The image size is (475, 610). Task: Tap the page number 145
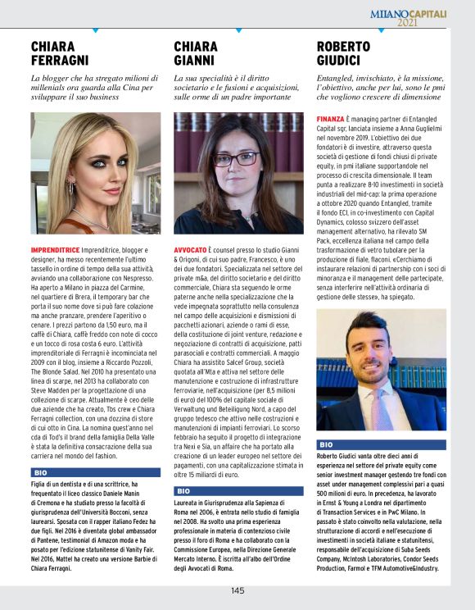pyautogui.click(x=237, y=590)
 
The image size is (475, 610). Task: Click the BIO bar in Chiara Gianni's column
pyautogui.click(x=237, y=490)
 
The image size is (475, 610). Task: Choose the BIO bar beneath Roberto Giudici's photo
pyautogui.click(x=381, y=444)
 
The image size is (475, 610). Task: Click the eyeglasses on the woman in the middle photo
pyautogui.click(x=235, y=158)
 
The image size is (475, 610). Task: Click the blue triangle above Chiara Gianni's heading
pyautogui.click(x=237, y=31)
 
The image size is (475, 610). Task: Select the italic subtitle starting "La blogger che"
pyautogui.click(x=93, y=86)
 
